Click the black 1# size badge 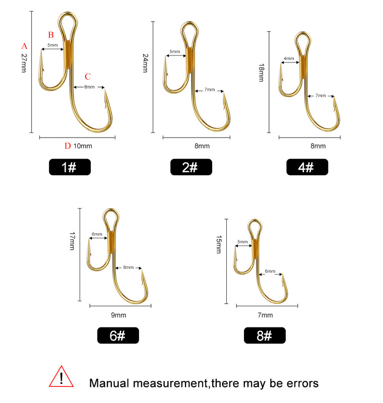70,167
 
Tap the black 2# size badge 191,167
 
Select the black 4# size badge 307,167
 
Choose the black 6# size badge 118,335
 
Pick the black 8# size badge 265,335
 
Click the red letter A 24,46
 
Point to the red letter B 51,35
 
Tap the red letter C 88,77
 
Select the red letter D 68,146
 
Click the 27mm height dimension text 24,63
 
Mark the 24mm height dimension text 145,63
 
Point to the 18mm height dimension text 261,73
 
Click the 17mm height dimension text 72,241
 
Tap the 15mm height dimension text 219,244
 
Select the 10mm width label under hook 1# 83,146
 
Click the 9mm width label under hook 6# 118,315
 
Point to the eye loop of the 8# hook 249,226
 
